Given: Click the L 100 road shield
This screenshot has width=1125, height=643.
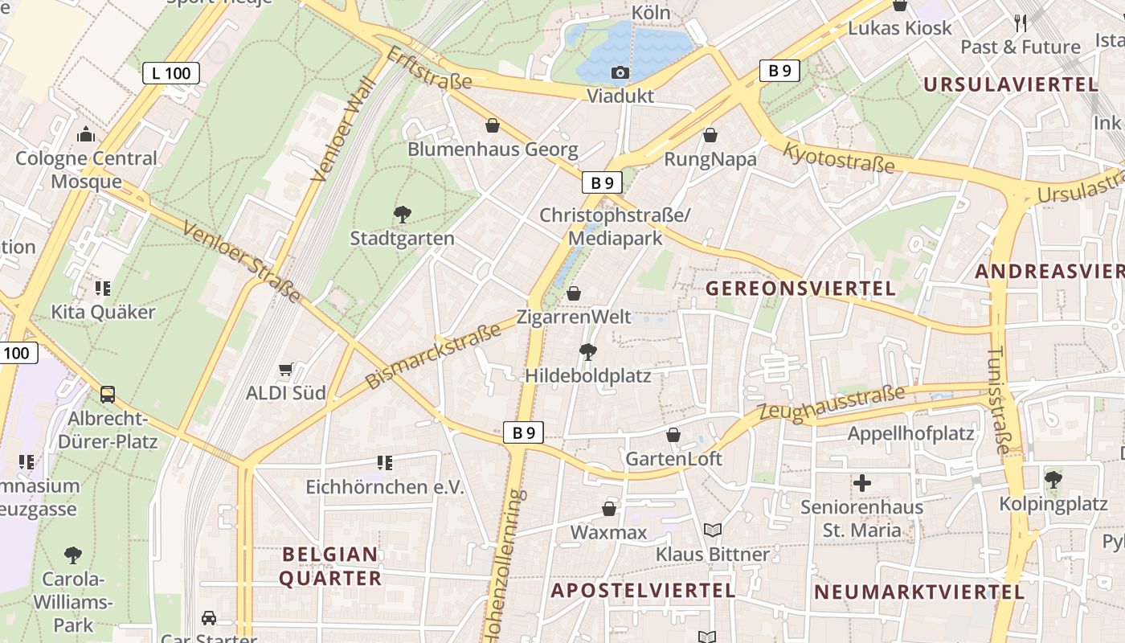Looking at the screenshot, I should click(171, 73).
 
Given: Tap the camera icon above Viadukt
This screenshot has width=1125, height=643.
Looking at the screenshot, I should click(620, 73).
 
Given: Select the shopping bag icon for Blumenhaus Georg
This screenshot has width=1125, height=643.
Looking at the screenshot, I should click(493, 125).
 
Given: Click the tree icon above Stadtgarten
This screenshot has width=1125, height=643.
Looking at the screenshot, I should click(403, 214).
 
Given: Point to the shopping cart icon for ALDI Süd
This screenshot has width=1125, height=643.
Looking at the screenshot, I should click(285, 370).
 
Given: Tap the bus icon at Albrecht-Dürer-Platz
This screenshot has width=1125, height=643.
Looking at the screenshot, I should click(108, 395).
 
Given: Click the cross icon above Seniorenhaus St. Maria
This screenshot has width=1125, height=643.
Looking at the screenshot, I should click(861, 483).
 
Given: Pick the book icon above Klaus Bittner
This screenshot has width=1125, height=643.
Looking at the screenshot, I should click(712, 530).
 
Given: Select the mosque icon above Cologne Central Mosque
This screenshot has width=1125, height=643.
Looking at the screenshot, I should click(86, 134).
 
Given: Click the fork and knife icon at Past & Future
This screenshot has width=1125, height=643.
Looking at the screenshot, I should click(1021, 23).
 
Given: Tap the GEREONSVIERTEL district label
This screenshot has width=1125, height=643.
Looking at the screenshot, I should click(800, 289).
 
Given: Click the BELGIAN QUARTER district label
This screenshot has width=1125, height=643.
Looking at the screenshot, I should click(330, 566).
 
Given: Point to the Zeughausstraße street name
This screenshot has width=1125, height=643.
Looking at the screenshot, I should click(832, 403).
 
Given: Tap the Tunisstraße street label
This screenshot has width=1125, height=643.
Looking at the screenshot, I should click(999, 399).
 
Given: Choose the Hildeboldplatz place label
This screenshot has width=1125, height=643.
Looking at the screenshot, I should click(588, 375).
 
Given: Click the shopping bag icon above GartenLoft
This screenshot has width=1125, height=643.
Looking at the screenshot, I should click(673, 435).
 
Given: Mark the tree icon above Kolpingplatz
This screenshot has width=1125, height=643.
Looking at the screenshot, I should click(1053, 480).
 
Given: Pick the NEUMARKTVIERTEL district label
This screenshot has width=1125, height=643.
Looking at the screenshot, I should click(919, 592).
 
